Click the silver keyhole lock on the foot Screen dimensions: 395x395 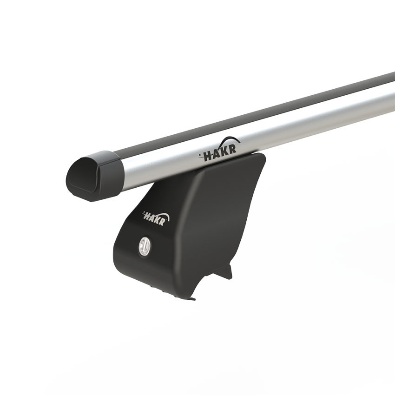[144, 245]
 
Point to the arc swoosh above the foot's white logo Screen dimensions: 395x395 [162, 214]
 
